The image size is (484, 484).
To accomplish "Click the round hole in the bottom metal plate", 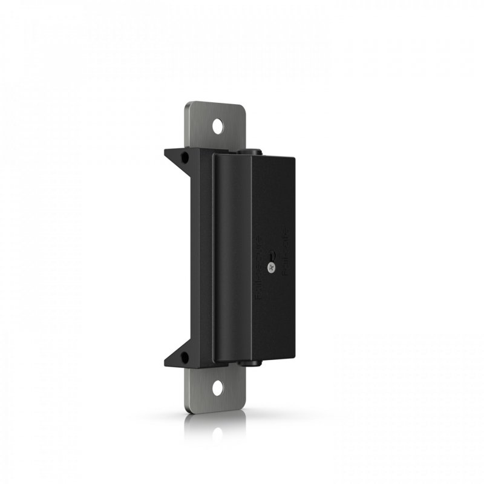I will [x=217, y=387].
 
